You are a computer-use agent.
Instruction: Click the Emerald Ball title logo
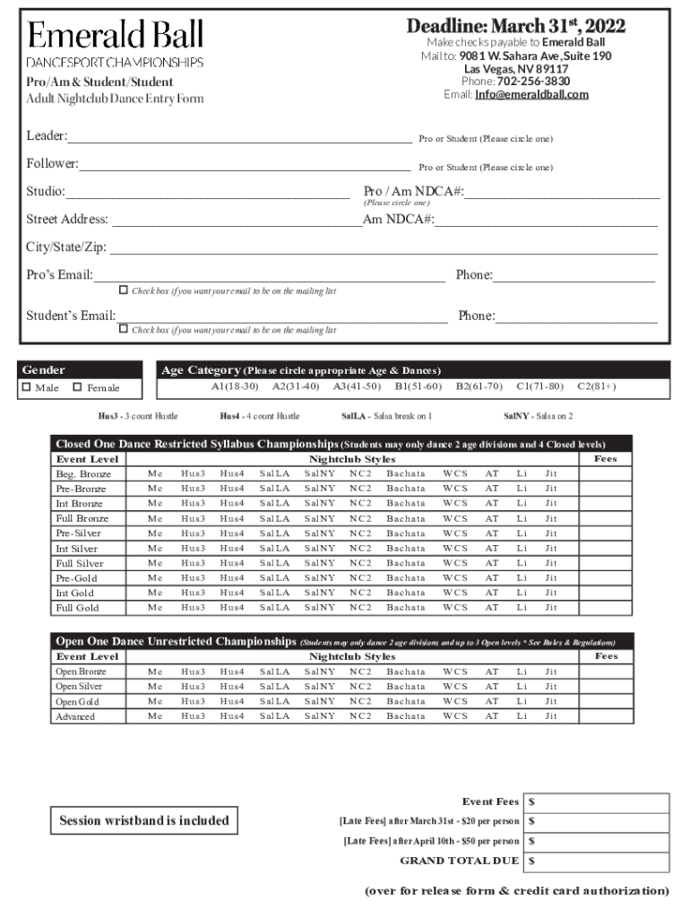[115, 36]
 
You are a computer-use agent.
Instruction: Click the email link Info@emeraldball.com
[531, 94]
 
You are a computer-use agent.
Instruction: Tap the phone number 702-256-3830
[533, 81]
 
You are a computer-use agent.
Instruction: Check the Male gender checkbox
[27, 387]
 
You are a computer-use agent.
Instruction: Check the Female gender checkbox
[77, 387]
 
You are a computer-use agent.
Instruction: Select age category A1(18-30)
[235, 386]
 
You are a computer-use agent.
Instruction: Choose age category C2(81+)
[596, 386]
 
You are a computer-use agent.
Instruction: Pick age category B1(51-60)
[418, 386]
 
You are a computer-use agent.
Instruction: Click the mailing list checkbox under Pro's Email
[124, 290]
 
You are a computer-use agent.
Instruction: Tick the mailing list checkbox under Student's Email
[124, 329]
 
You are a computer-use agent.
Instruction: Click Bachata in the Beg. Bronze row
[406, 473]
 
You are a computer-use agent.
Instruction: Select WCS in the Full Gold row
[454, 608]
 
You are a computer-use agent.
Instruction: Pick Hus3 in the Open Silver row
[193, 686]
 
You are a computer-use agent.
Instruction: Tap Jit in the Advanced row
[550, 716]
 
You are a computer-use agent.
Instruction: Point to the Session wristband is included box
[144, 820]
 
